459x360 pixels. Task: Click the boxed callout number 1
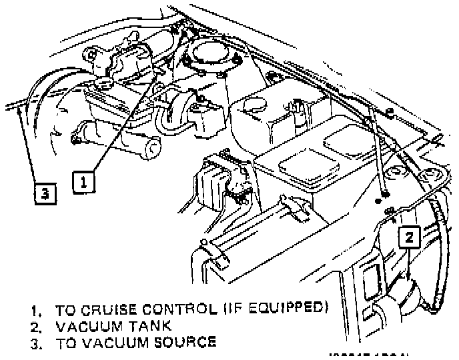pos(83,180)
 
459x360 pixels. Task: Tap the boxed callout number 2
pos(410,235)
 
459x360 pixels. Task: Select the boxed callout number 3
pos(44,194)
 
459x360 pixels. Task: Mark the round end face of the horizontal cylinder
pos(153,148)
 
